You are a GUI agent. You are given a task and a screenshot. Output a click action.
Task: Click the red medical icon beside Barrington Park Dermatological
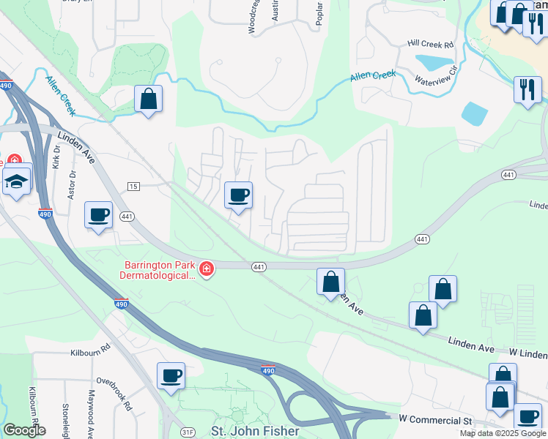tap(207, 270)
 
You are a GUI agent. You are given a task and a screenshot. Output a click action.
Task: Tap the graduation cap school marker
tap(15, 181)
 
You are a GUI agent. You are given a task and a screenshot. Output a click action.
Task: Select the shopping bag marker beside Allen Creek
tap(148, 100)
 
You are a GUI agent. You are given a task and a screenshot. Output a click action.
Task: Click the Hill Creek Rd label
tap(431, 44)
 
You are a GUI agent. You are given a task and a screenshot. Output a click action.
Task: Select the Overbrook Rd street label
tap(114, 393)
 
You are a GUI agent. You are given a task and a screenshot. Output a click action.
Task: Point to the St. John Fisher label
tap(254, 430)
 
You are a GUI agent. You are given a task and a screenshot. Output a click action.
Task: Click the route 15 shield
tap(133, 187)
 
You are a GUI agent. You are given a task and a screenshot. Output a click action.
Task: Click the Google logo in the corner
tap(24, 429)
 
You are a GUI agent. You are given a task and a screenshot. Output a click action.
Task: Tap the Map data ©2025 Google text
tap(503, 433)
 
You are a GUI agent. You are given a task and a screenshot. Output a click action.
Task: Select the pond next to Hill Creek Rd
tap(434, 62)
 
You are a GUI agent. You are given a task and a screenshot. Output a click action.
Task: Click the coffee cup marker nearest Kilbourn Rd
tap(171, 376)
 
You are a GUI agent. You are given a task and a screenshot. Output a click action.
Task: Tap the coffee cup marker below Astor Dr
tap(98, 214)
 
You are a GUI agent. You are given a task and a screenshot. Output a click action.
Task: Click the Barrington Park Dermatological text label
tap(159, 270)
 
